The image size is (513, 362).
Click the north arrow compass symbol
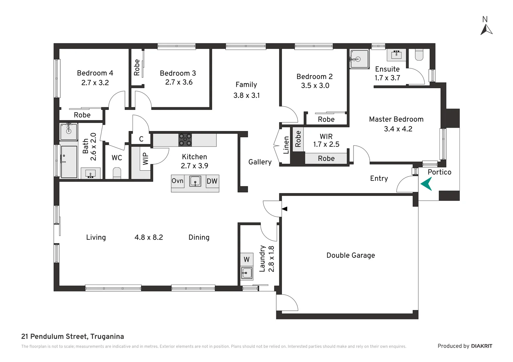click(x=486, y=29)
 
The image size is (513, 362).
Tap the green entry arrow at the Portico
click(x=426, y=184)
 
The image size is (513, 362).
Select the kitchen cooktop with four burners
click(x=185, y=140)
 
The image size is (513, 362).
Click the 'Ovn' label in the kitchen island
click(x=178, y=181)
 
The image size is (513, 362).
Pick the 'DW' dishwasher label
click(x=212, y=181)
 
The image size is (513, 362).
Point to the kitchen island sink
click(x=195, y=181)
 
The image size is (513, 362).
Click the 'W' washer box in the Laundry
click(x=246, y=259)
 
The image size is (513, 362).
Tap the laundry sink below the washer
click(x=247, y=273)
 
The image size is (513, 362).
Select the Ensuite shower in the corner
click(x=359, y=59)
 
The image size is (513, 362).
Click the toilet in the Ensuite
click(x=419, y=55)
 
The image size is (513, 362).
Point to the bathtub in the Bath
click(x=69, y=162)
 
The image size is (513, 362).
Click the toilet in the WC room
click(x=117, y=173)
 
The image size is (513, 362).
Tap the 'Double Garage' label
click(x=351, y=255)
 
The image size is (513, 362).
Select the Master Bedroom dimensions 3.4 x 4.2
click(x=398, y=129)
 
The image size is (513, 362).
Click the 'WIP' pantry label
click(x=145, y=159)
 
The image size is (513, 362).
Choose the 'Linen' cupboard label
click(x=286, y=145)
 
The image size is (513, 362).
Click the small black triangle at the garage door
click(x=285, y=209)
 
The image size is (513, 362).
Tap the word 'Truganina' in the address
click(x=107, y=337)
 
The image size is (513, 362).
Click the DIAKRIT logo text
click(x=481, y=346)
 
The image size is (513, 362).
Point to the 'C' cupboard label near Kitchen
click(x=141, y=139)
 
